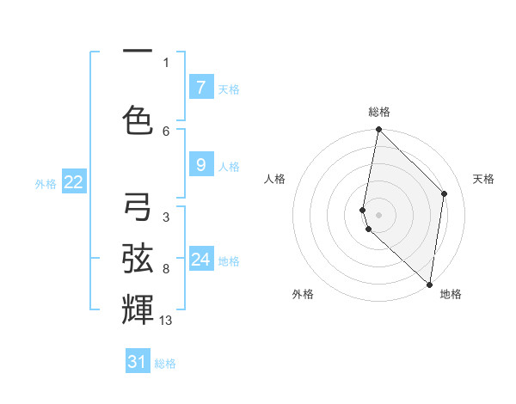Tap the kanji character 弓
tap(138, 207)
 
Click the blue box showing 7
tap(200, 88)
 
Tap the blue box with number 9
tap(200, 166)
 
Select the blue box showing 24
tap(201, 260)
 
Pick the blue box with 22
tap(74, 182)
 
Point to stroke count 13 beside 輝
tap(166, 321)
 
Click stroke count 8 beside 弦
tap(166, 269)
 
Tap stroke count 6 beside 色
tap(166, 131)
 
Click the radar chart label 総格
tap(379, 112)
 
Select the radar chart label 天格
tap(483, 179)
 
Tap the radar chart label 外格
tap(303, 294)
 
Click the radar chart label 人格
tap(275, 179)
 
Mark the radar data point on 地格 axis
tap(430, 285)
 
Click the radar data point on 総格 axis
tap(379, 130)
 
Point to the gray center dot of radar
tap(379, 214)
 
